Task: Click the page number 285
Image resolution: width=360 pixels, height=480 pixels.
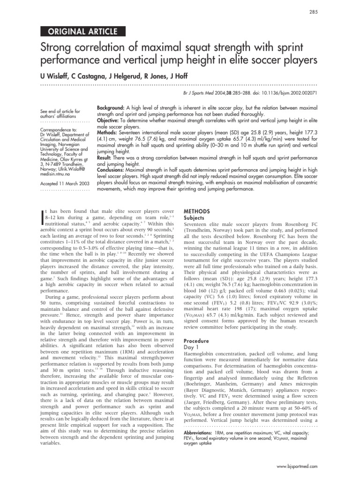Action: tap(314, 12)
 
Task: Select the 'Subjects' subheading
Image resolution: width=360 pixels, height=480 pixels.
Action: tap(195, 218)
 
